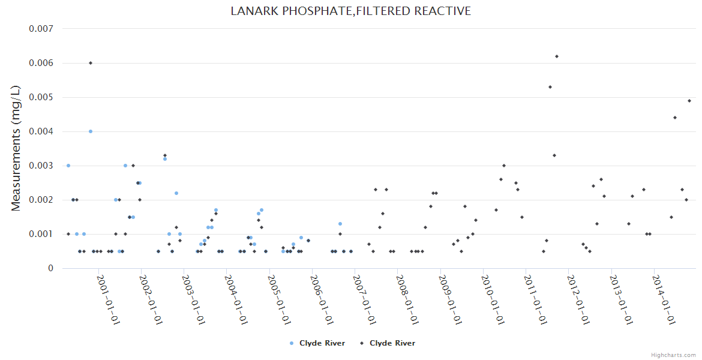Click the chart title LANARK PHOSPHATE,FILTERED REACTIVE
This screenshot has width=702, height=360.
click(x=351, y=11)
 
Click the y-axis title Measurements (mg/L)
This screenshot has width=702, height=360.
click(x=16, y=148)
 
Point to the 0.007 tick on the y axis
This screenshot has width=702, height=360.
click(x=41, y=29)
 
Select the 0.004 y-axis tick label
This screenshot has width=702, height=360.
click(x=41, y=131)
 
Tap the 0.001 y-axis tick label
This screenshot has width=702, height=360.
click(x=41, y=234)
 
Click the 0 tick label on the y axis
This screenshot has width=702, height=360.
click(x=50, y=268)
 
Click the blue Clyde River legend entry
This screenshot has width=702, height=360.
click(x=317, y=343)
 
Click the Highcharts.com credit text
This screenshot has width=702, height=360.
click(x=674, y=355)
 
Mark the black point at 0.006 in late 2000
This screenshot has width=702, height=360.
click(x=91, y=63)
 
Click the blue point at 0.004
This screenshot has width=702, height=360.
click(x=91, y=131)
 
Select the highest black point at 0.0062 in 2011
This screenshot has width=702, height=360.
click(x=557, y=56)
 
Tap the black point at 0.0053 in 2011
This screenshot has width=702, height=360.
click(x=550, y=87)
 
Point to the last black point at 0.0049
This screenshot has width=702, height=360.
click(x=689, y=101)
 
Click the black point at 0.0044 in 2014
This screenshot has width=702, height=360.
click(x=675, y=118)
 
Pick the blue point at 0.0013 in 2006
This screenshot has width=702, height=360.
click(x=340, y=224)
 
